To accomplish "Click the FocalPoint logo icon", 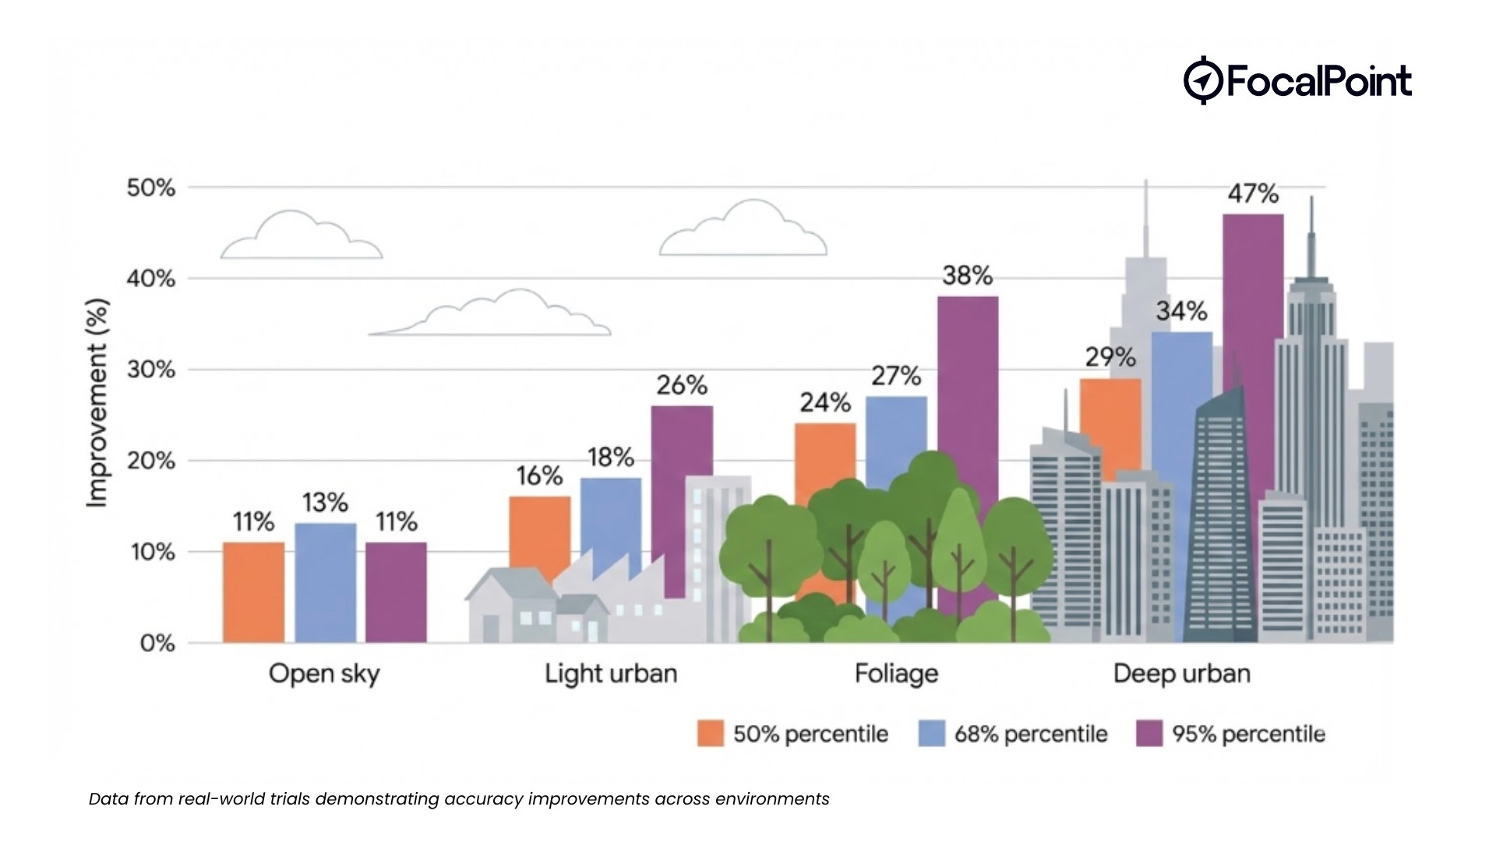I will pyautogui.click(x=1201, y=80).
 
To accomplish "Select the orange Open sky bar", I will pyautogui.click(x=253, y=592).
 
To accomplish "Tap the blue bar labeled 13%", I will pyautogui.click(x=325, y=582).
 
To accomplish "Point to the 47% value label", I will pyautogui.click(x=1252, y=193).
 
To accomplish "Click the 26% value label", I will pyautogui.click(x=681, y=385).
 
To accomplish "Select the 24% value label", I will pyautogui.click(x=824, y=402).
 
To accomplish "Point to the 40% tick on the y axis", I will pyautogui.click(x=151, y=278).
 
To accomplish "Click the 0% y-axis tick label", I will pyautogui.click(x=157, y=643).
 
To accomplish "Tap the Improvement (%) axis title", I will pyautogui.click(x=97, y=403).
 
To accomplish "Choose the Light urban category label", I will pyautogui.click(x=610, y=674).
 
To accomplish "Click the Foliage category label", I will pyautogui.click(x=896, y=674).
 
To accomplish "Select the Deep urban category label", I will pyautogui.click(x=1181, y=674).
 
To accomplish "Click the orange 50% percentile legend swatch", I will pyautogui.click(x=710, y=734).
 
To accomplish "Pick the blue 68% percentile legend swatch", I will pyautogui.click(x=931, y=734).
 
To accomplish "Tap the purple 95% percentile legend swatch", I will pyautogui.click(x=1148, y=734).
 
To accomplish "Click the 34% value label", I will pyautogui.click(x=1181, y=312).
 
